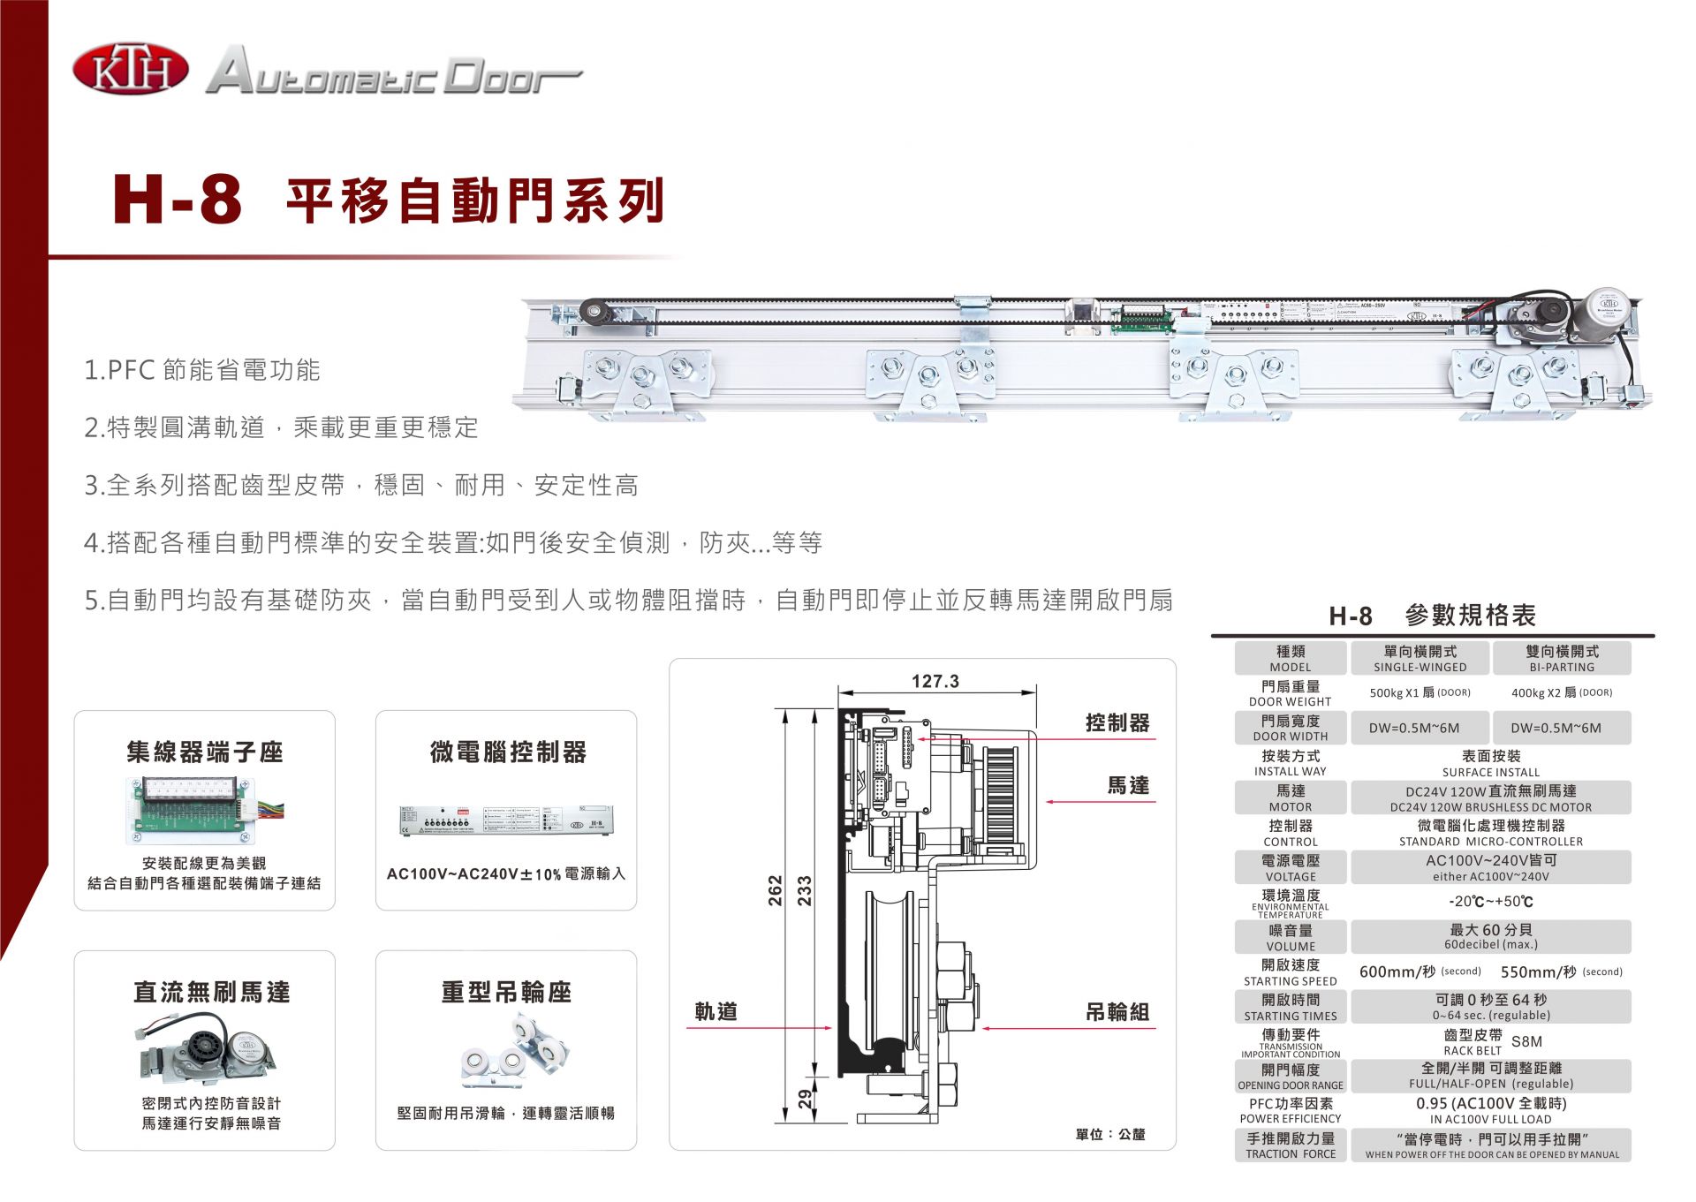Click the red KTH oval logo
130,71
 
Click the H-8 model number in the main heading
178,200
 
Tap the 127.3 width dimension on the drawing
935,681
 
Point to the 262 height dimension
775,890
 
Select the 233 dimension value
804,890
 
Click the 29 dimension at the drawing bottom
805,1098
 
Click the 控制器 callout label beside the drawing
1117,722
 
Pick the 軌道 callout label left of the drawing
715,1011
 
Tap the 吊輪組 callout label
1117,1012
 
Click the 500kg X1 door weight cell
1420,692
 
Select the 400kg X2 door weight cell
1561,692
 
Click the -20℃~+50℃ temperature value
1490,902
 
